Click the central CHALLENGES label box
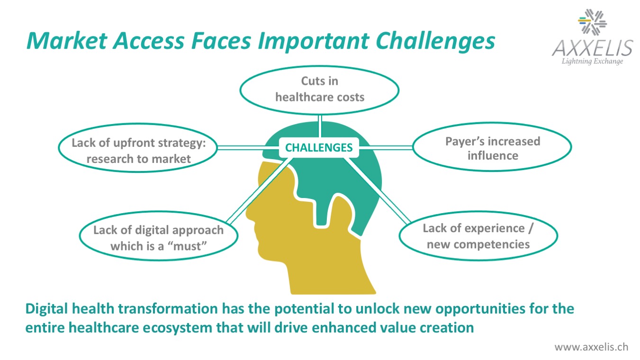pyautogui.click(x=319, y=148)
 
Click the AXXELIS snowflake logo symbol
pyautogui.click(x=592, y=22)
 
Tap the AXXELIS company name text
pyautogui.click(x=593, y=48)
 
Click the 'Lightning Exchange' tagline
pyautogui.click(x=592, y=62)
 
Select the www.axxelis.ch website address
pyautogui.click(x=591, y=347)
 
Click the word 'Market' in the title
pyautogui.click(x=67, y=41)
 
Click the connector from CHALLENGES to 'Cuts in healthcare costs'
pyautogui.click(x=320, y=126)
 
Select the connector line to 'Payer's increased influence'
pyautogui.click(x=386, y=147)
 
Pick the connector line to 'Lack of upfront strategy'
pyautogui.click(x=248, y=147)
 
